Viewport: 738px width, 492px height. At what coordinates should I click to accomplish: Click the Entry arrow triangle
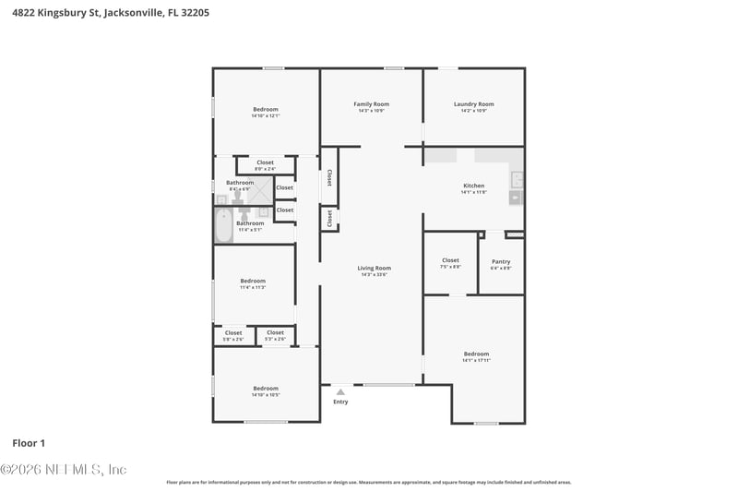pyautogui.click(x=340, y=392)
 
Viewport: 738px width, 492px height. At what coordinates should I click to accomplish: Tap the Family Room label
pyautogui.click(x=372, y=104)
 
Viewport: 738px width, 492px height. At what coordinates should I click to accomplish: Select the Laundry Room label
pyautogui.click(x=474, y=104)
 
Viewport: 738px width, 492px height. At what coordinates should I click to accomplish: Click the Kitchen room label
pyautogui.click(x=473, y=186)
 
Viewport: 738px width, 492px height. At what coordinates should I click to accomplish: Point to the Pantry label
pyautogui.click(x=501, y=261)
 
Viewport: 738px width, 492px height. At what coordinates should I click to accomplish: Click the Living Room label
pyautogui.click(x=374, y=268)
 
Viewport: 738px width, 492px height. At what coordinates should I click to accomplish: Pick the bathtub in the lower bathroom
pyautogui.click(x=223, y=226)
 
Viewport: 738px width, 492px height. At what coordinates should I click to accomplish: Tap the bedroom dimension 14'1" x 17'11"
pyautogui.click(x=476, y=360)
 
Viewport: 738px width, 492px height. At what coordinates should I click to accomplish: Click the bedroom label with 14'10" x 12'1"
pyautogui.click(x=266, y=109)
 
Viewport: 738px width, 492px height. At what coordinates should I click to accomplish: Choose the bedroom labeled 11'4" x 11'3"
pyautogui.click(x=253, y=281)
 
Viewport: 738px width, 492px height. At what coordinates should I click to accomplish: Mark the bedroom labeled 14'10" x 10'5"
pyautogui.click(x=266, y=389)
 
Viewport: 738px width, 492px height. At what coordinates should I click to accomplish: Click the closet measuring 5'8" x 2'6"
pyautogui.click(x=233, y=333)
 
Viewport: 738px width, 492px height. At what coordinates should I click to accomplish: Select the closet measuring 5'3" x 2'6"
pyautogui.click(x=275, y=333)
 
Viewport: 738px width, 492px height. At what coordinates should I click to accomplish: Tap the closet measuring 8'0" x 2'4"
pyautogui.click(x=265, y=162)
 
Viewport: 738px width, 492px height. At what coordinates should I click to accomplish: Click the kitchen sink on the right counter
pyautogui.click(x=518, y=178)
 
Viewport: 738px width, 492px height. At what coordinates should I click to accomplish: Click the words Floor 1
pyautogui.click(x=29, y=443)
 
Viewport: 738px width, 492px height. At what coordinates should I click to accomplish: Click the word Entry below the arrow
pyautogui.click(x=340, y=402)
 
